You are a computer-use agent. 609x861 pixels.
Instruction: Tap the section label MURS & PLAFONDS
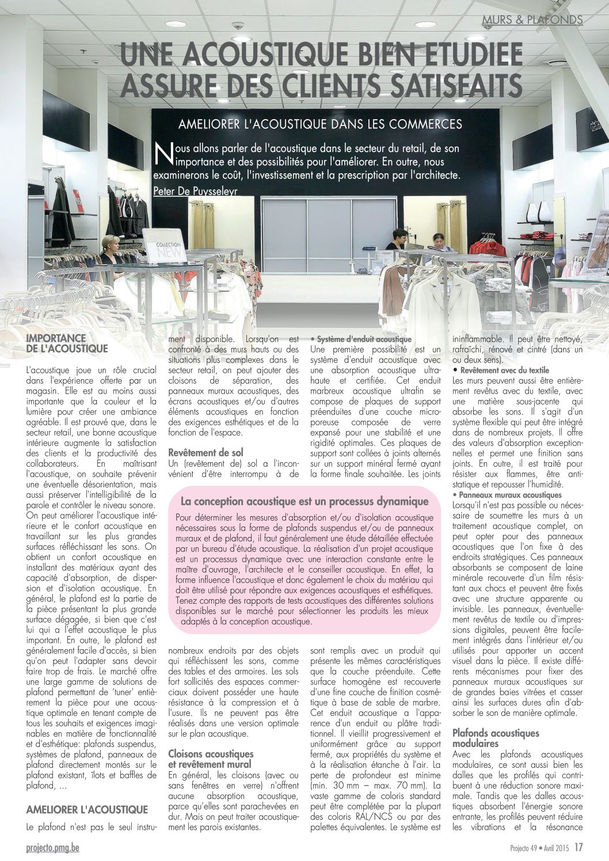532,20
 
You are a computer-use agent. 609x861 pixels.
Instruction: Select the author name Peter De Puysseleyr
196,190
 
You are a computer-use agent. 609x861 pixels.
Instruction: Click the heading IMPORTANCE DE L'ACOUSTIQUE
67,344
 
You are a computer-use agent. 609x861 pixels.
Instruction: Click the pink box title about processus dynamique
304,501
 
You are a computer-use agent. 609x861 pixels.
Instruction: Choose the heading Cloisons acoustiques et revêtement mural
211,759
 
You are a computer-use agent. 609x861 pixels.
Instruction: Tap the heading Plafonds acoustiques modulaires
496,738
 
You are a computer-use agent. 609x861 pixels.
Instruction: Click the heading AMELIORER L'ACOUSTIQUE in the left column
87,810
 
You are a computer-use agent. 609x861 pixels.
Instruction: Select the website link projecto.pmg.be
53,848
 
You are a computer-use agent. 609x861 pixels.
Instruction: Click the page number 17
578,847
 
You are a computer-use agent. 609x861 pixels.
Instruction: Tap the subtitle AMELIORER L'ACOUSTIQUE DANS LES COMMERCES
320,124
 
